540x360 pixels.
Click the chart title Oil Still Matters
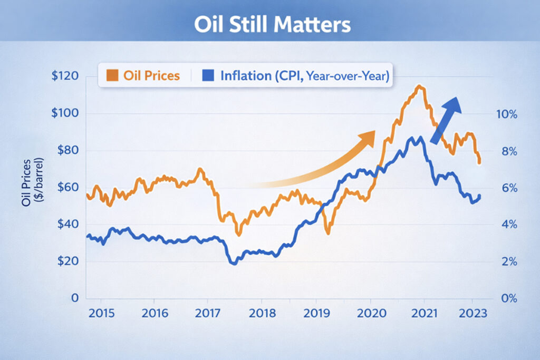pyautogui.click(x=270, y=25)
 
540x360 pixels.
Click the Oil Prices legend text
pyautogui.click(x=151, y=75)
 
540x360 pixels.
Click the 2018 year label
pyautogui.click(x=262, y=313)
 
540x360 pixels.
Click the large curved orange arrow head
pyautogui.click(x=367, y=138)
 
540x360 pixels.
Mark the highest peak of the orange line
pyautogui.click(x=419, y=86)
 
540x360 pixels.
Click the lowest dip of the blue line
pyautogui.click(x=234, y=263)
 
